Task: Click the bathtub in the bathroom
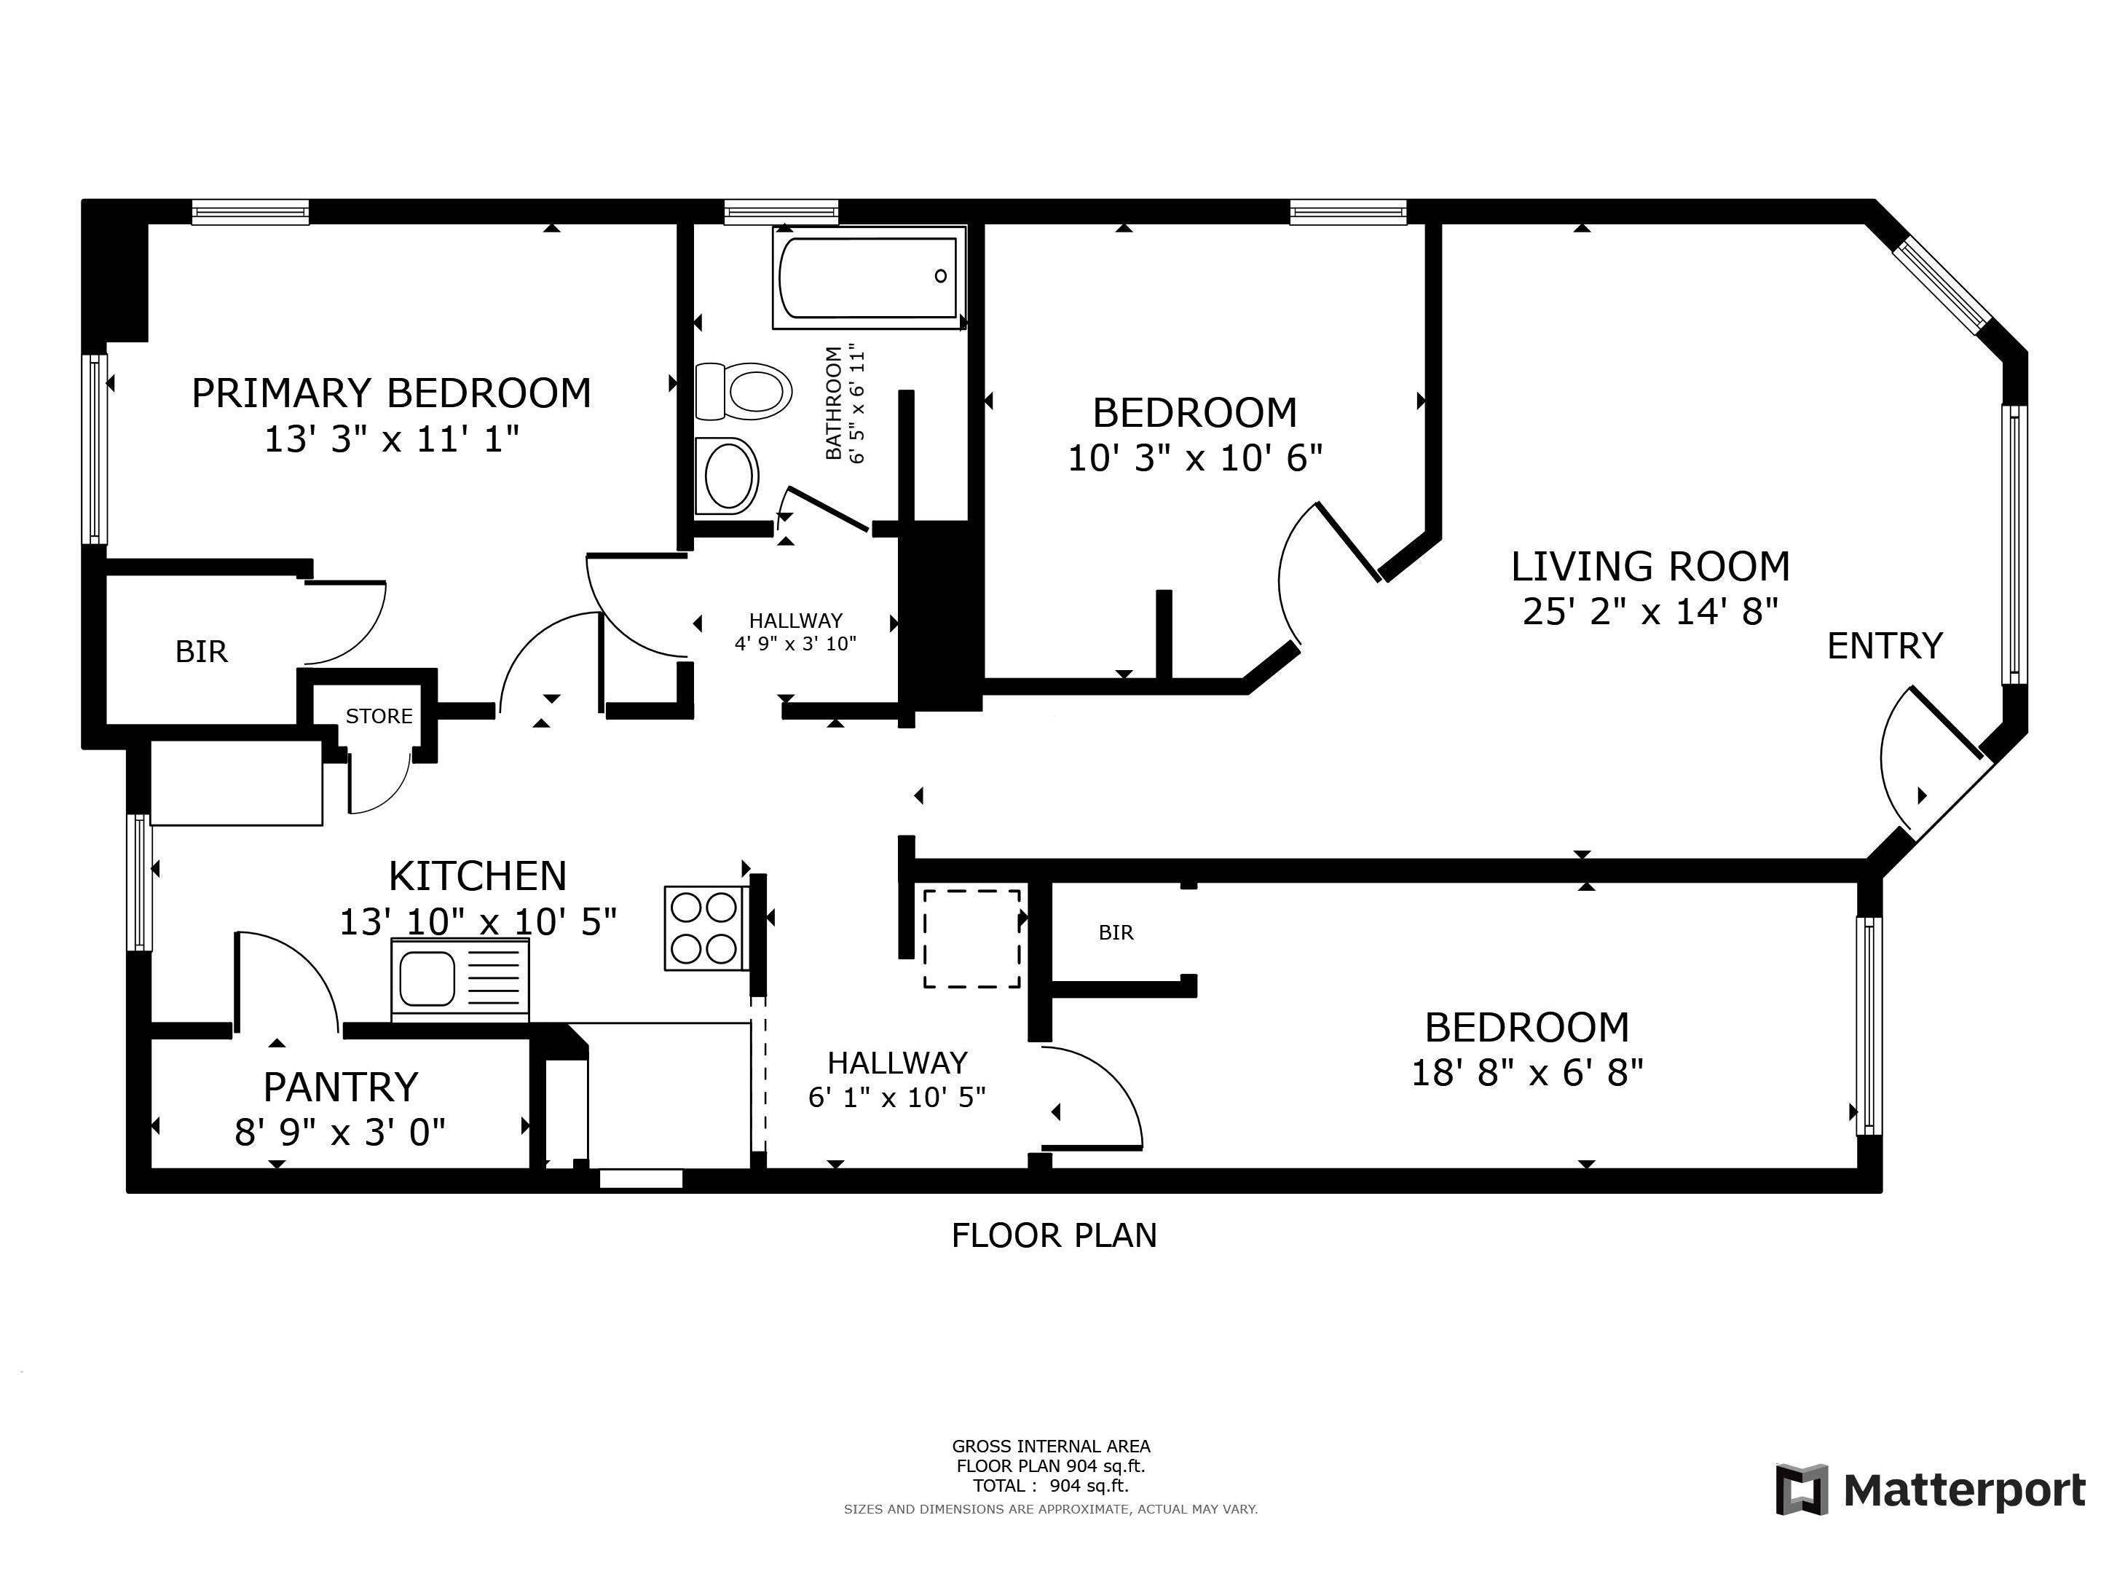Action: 869,278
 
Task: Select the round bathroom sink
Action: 728,475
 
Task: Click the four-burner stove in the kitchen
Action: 706,929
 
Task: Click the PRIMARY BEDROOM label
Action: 391,393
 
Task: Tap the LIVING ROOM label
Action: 1650,567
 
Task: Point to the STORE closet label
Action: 379,716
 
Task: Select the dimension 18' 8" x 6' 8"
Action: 1526,1073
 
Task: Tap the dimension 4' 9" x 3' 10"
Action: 795,644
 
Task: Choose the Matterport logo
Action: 1930,1489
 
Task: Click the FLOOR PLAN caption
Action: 1054,1236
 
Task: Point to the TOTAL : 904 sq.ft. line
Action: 1049,1486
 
